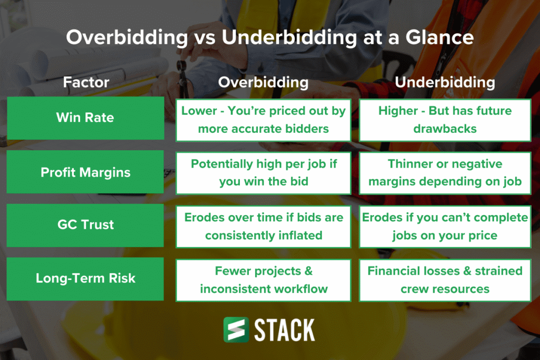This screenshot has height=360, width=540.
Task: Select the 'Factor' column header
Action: pyautogui.click(x=86, y=82)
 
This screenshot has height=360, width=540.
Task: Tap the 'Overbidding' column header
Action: pyautogui.click(x=263, y=82)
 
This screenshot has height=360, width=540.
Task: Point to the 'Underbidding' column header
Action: pyautogui.click(x=445, y=82)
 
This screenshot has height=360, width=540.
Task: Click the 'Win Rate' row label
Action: pyautogui.click(x=85, y=118)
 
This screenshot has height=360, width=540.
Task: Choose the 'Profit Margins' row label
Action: pyautogui.click(x=85, y=172)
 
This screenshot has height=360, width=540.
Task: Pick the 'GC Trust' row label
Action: pyautogui.click(x=85, y=225)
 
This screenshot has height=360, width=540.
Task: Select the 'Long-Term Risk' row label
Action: pyautogui.click(x=85, y=278)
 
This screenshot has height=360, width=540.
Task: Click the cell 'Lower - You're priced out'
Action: pyautogui.click(x=263, y=120)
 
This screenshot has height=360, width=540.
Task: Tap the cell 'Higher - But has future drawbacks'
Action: pyautogui.click(x=445, y=120)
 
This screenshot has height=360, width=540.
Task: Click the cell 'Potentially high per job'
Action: pyautogui.click(x=263, y=173)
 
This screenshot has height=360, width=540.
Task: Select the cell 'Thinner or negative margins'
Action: pyautogui.click(x=445, y=173)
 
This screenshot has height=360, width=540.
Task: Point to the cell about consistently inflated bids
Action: pyautogui.click(x=263, y=226)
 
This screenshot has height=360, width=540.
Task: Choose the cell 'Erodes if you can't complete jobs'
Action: pyautogui.click(x=445, y=226)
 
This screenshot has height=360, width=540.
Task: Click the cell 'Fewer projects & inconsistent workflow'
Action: pyautogui.click(x=263, y=279)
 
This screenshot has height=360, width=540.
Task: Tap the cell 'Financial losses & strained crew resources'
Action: pyautogui.click(x=445, y=279)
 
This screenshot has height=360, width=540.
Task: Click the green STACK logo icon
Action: pyautogui.click(x=236, y=330)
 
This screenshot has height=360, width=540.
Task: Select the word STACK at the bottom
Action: pyautogui.click(x=285, y=330)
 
